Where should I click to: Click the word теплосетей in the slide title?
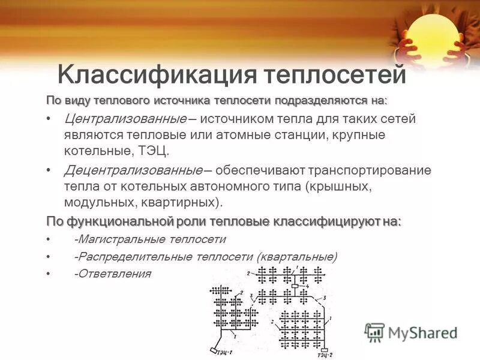pos(336,76)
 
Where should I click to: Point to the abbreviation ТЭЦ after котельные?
pos(159,149)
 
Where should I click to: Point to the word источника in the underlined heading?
pos(184,99)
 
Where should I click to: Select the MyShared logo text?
pos(422,332)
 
